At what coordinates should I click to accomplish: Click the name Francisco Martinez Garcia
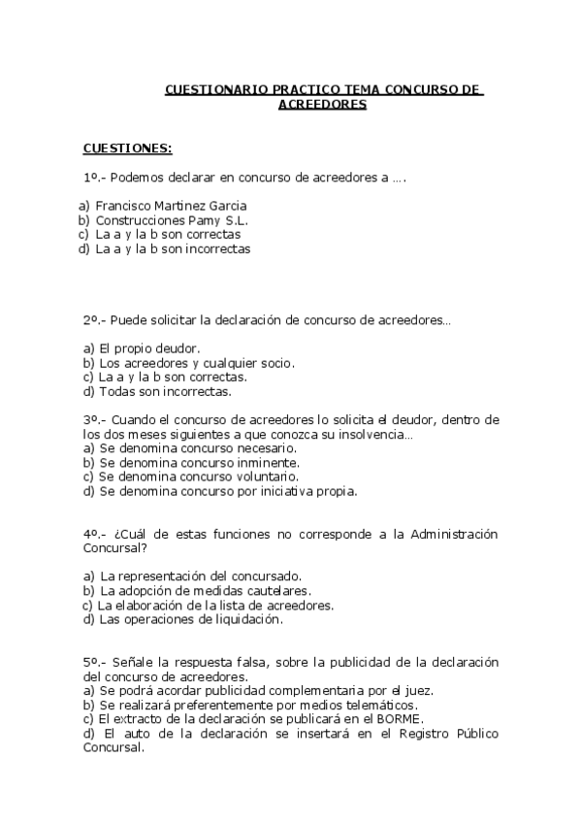point(171,206)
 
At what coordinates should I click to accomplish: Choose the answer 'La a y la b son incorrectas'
point(173,248)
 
